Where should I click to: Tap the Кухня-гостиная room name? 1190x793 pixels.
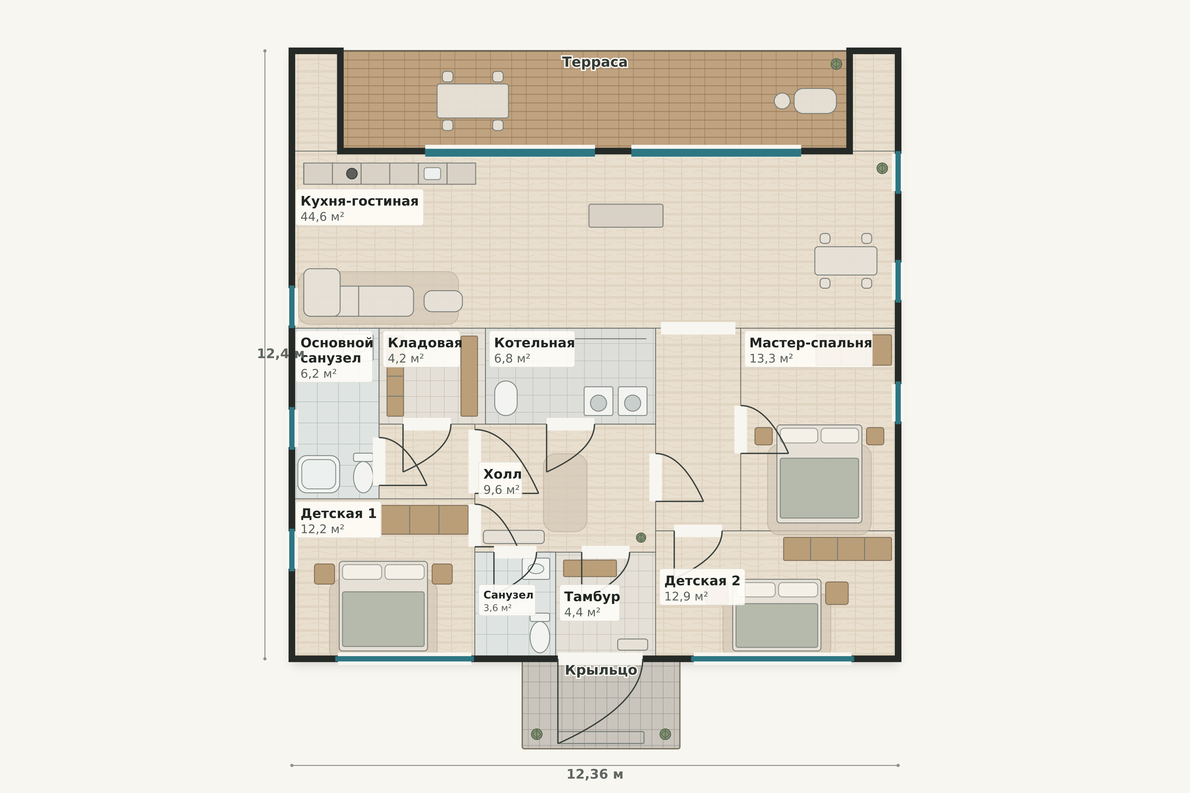(x=359, y=201)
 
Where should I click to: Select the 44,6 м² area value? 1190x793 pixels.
(x=322, y=217)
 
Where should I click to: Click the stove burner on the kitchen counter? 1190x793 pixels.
(x=352, y=173)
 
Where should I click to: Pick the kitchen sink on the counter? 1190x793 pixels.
(x=432, y=173)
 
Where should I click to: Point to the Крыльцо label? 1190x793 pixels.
(x=601, y=670)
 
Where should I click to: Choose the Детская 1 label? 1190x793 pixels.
(x=338, y=513)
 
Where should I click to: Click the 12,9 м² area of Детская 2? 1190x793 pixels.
(x=686, y=596)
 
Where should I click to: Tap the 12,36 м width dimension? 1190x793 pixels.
(x=594, y=774)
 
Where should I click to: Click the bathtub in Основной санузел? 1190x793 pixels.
(x=319, y=474)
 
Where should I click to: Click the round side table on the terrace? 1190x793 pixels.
(x=782, y=101)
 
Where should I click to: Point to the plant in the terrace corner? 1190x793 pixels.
(x=836, y=64)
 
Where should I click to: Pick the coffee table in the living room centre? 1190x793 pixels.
(x=625, y=215)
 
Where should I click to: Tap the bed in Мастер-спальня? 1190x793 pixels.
(x=819, y=474)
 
